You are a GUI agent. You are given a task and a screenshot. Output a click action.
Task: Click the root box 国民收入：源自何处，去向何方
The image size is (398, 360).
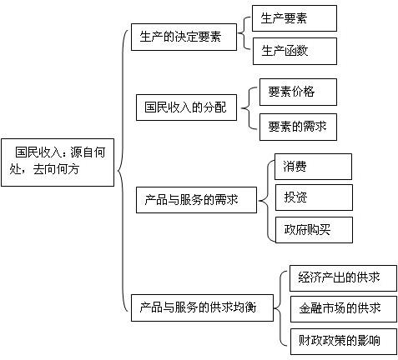click(58, 162)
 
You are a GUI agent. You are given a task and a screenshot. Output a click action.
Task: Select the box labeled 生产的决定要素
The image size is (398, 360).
click(184, 37)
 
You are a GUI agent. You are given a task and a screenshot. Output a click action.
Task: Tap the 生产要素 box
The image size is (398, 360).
click(295, 18)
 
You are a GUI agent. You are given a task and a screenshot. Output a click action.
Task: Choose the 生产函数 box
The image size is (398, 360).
click(295, 52)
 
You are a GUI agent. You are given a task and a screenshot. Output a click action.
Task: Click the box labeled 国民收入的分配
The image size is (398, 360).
click(186, 107)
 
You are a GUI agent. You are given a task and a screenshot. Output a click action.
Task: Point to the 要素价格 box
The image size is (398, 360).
click(298, 92)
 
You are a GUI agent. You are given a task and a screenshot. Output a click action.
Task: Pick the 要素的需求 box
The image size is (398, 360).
click(298, 127)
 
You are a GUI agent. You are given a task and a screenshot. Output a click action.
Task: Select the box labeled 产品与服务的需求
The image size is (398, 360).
click(196, 200)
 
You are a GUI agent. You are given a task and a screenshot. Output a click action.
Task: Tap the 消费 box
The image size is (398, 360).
click(313, 167)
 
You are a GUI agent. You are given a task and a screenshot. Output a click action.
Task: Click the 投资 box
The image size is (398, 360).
click(314, 197)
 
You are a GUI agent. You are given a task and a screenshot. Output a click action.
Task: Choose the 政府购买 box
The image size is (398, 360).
click(314, 230)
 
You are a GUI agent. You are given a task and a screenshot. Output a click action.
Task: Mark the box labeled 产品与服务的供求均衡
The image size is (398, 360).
click(202, 307)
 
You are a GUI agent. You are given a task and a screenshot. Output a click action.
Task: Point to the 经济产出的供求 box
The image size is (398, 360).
click(343, 278)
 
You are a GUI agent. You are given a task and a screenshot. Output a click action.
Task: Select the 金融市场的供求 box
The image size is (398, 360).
click(344, 309)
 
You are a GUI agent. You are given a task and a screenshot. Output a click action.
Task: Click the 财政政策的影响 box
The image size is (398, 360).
click(344, 342)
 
